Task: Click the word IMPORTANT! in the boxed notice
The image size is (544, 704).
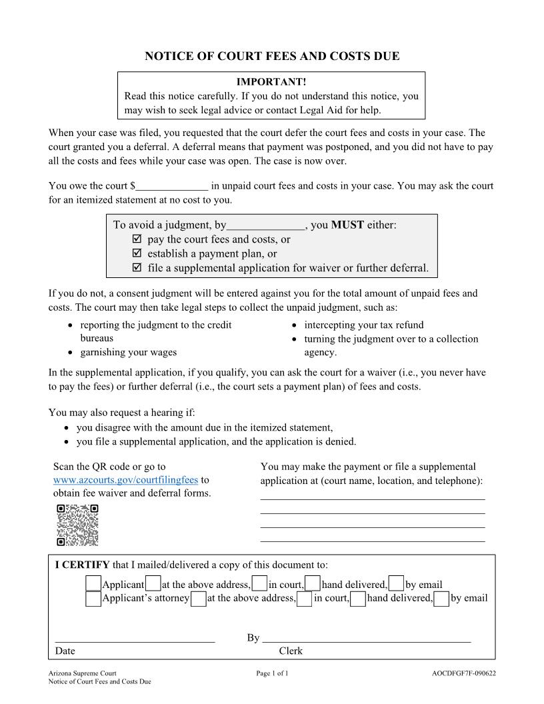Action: pyautogui.click(x=271, y=81)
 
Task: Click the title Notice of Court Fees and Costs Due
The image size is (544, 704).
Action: pyautogui.click(x=272, y=56)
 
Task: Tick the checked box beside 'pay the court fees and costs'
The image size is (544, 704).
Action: pyautogui.click(x=137, y=239)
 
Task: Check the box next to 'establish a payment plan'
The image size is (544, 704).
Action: pyautogui.click(x=137, y=254)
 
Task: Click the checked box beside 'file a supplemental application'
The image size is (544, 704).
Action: pyautogui.click(x=137, y=268)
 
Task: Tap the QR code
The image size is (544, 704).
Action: pyautogui.click(x=77, y=525)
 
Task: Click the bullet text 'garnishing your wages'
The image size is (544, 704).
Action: pyautogui.click(x=129, y=352)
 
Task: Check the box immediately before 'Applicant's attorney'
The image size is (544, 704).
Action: pyautogui.click(x=93, y=599)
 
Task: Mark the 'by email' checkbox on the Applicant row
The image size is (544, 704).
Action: pyautogui.click(x=396, y=584)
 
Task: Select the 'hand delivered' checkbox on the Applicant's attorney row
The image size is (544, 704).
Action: pyautogui.click(x=358, y=599)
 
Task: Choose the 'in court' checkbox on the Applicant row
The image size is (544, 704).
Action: pyautogui.click(x=260, y=584)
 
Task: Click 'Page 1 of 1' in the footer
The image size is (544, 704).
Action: pyautogui.click(x=272, y=673)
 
